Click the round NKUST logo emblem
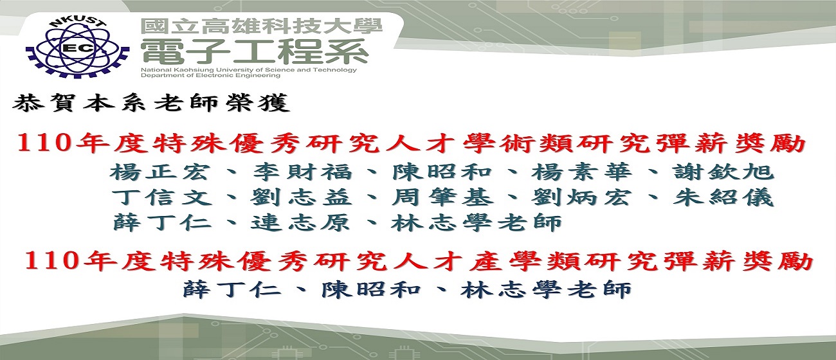(x=77, y=48)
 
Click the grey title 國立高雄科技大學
(x=262, y=27)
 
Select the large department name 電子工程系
(x=255, y=52)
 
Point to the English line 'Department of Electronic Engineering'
(x=210, y=75)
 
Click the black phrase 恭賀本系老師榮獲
(x=151, y=103)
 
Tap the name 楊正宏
(x=159, y=172)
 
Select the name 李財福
(x=302, y=172)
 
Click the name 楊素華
(x=581, y=172)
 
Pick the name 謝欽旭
(x=723, y=172)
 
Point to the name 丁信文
(x=161, y=197)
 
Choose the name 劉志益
(x=301, y=197)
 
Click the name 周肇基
(x=442, y=197)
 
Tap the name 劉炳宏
(x=581, y=197)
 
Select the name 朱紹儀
(x=723, y=197)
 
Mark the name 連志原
(x=300, y=222)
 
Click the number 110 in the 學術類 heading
(x=44, y=143)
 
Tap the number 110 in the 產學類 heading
(x=51, y=260)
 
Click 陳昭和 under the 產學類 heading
(x=371, y=289)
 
